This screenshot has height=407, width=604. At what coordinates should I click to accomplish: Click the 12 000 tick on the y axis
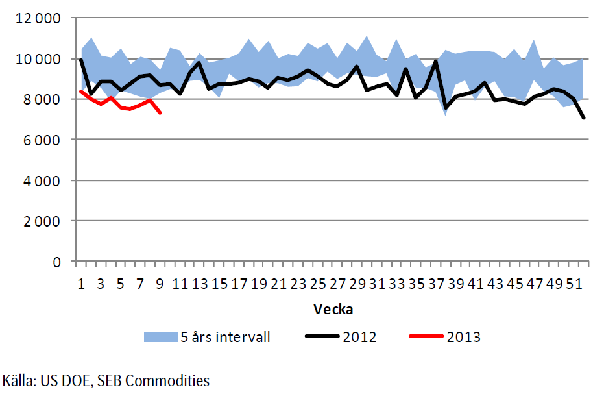tap(36, 18)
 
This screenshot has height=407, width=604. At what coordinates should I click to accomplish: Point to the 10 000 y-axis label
tap(36, 59)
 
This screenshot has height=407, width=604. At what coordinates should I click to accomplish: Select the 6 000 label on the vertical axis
tap(40, 140)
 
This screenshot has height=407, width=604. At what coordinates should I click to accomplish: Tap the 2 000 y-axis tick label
tap(40, 221)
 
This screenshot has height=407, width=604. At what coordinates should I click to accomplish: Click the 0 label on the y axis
tap(56, 262)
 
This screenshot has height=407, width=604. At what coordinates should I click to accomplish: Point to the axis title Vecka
tap(333, 308)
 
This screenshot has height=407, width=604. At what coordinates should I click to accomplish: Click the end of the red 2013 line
tap(160, 113)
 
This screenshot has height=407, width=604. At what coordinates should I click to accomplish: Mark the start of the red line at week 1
tap(81, 91)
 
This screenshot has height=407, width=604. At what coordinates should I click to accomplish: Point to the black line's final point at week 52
tap(583, 118)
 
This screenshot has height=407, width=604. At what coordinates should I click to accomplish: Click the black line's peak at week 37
tap(436, 61)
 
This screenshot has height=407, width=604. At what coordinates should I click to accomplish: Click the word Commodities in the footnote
tap(173, 380)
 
